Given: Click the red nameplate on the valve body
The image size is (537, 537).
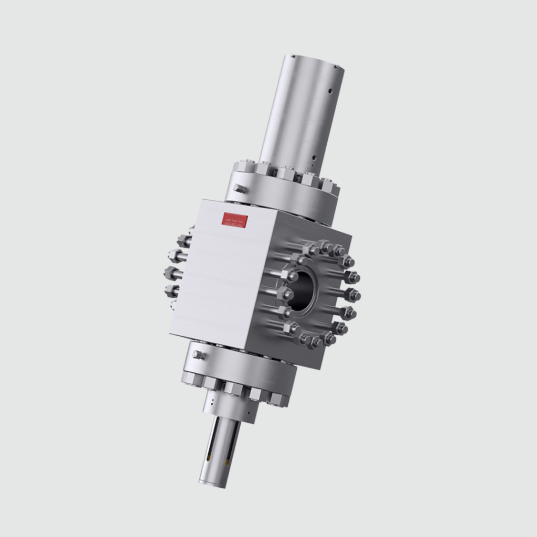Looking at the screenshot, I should pyautogui.click(x=234, y=219).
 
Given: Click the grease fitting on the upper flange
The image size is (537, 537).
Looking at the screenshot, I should pyautogui.click(x=240, y=189).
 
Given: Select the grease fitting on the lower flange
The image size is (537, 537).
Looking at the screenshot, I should pyautogui.click(x=199, y=355).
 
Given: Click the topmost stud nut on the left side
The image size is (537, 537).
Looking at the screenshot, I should pyautogui.click(x=184, y=241).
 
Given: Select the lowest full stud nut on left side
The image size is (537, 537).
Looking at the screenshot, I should pyautogui.click(x=171, y=291).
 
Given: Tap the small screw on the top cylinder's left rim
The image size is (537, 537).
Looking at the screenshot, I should pyautogui.click(x=294, y=56).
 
